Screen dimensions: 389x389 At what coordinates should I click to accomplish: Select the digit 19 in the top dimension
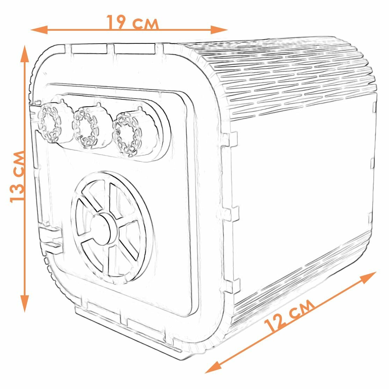[x=116, y=23]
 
